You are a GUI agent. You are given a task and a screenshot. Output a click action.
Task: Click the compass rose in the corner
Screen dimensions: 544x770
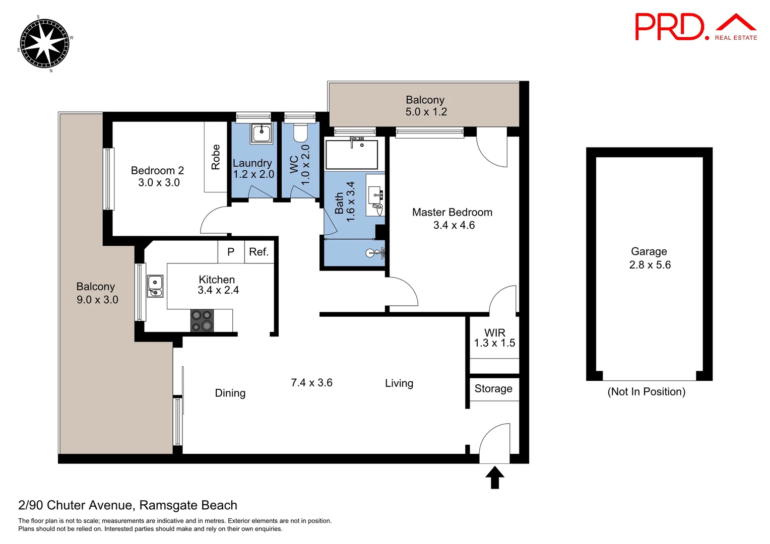point(44,43)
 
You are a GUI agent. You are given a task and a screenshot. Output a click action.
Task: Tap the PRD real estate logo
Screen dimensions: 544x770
point(695,27)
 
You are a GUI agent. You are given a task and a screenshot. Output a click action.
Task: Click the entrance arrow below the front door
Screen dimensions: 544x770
point(494,478)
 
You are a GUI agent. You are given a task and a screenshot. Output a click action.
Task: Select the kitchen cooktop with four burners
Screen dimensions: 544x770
point(202,321)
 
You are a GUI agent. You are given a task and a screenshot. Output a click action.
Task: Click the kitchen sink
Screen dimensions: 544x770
point(155,286)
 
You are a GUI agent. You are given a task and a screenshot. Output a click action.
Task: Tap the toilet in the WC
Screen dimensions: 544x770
point(300,133)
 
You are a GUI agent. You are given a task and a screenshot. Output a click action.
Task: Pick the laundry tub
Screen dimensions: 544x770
point(262,133)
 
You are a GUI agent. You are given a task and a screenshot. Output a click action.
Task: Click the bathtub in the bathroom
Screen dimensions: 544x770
point(352,155)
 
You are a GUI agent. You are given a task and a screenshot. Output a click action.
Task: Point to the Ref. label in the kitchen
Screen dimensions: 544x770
point(259,252)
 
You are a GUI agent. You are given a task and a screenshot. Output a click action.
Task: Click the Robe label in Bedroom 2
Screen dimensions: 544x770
point(216,157)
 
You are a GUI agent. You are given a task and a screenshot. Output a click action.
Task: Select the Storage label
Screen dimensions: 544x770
point(493,389)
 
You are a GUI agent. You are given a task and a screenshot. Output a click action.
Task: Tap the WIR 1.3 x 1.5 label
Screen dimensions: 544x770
point(494,338)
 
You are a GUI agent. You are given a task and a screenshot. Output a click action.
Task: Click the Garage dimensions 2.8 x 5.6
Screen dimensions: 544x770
point(650,265)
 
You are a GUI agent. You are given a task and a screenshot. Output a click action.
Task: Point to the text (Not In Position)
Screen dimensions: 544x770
point(646,392)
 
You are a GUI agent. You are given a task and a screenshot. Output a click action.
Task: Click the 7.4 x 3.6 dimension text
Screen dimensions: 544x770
point(311,383)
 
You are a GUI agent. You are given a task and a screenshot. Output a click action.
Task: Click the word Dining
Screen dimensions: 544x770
point(230,393)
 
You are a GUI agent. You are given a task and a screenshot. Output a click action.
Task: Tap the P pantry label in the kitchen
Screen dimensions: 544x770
point(231,252)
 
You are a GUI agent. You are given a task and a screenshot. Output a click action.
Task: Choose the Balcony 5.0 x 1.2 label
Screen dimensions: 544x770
point(426,106)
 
